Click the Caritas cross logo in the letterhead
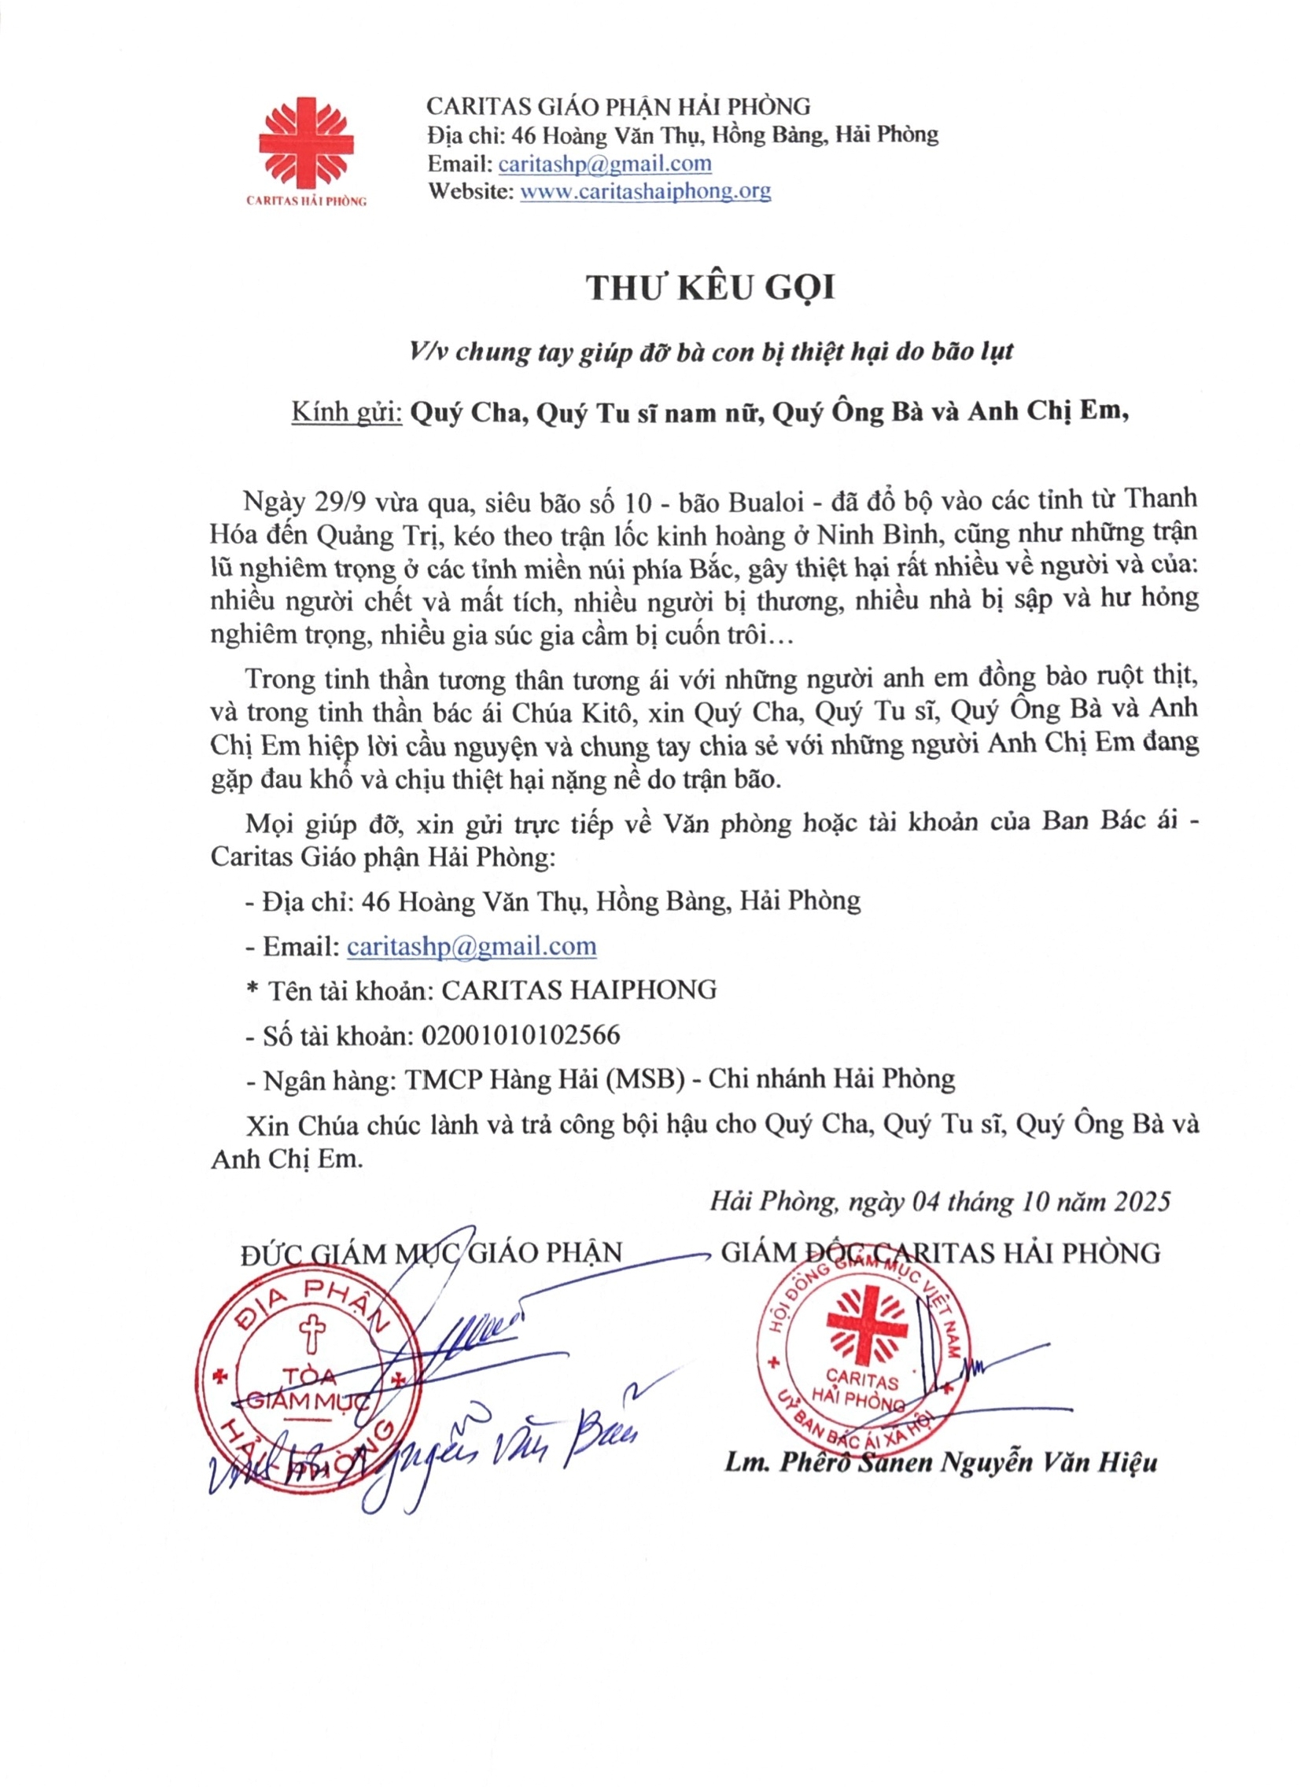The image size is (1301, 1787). tap(307, 142)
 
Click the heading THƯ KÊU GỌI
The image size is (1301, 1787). tap(710, 289)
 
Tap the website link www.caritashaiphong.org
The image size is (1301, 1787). tap(645, 191)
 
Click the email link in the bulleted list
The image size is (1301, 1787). tap(471, 946)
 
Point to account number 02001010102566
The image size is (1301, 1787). tap(521, 1035)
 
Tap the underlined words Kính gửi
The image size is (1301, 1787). tap(347, 412)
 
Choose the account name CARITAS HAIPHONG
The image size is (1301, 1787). tap(579, 990)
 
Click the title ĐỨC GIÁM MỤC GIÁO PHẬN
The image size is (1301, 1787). tap(432, 1253)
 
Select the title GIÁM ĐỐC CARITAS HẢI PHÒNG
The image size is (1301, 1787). tap(941, 1253)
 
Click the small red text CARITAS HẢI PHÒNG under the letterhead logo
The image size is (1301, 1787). tap(307, 201)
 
